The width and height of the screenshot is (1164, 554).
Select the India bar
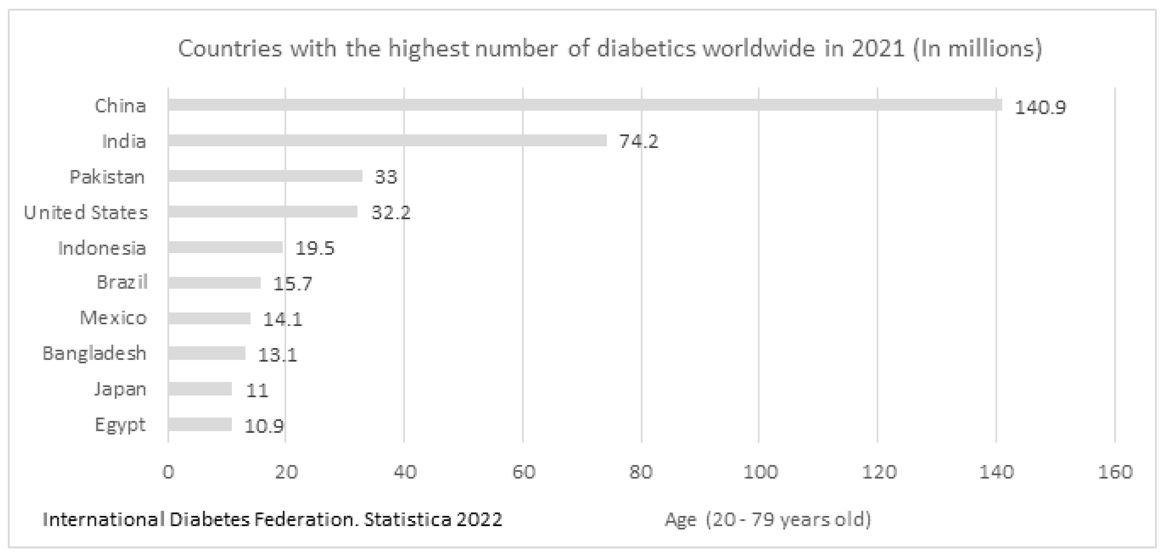387,140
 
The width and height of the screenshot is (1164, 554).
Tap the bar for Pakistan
265,176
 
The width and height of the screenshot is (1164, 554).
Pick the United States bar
263,212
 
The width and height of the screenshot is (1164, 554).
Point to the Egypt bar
200,424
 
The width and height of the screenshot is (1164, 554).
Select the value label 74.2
639,141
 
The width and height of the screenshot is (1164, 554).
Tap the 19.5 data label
314,248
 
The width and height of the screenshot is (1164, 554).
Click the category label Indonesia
102,248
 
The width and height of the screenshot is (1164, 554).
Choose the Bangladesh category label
95,353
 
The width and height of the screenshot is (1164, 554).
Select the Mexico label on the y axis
114,318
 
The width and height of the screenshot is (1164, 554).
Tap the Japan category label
120,390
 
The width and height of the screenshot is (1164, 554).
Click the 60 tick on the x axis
523,472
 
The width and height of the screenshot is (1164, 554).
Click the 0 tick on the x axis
168,472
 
